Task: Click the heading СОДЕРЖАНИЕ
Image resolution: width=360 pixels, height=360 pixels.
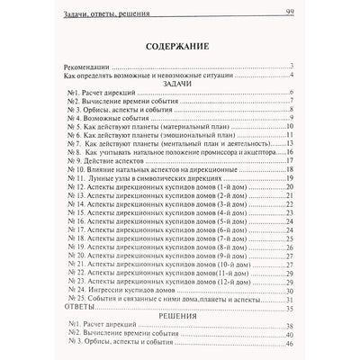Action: tap(179, 51)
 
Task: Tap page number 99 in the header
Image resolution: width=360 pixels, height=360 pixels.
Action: tap(291, 11)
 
